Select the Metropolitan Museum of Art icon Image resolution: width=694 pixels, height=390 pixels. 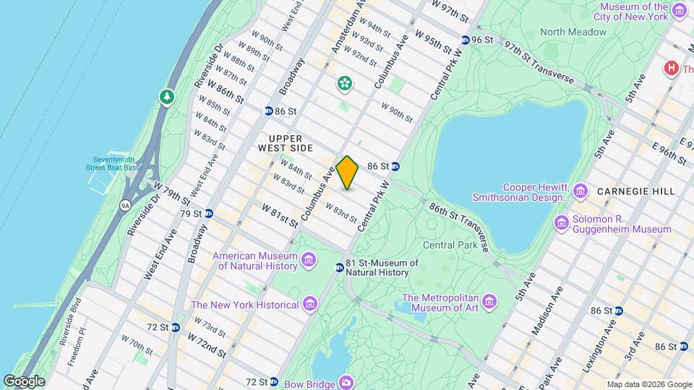coord(489,300)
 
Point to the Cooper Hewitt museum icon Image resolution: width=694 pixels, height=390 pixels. coord(580,190)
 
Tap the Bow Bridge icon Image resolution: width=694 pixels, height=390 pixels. coord(347,381)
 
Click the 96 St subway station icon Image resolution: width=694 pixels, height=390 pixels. coord(465,40)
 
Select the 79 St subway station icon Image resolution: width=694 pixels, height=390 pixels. coord(208,214)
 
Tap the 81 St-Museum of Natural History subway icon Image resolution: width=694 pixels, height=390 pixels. coord(339,268)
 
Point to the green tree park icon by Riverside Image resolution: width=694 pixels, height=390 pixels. coord(167,96)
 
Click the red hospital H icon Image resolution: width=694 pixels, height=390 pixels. coord(670,68)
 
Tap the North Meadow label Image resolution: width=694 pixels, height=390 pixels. coord(573,32)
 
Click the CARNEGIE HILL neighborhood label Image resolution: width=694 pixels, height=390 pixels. coord(635,191)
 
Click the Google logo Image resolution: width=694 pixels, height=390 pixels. coord(23,381)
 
